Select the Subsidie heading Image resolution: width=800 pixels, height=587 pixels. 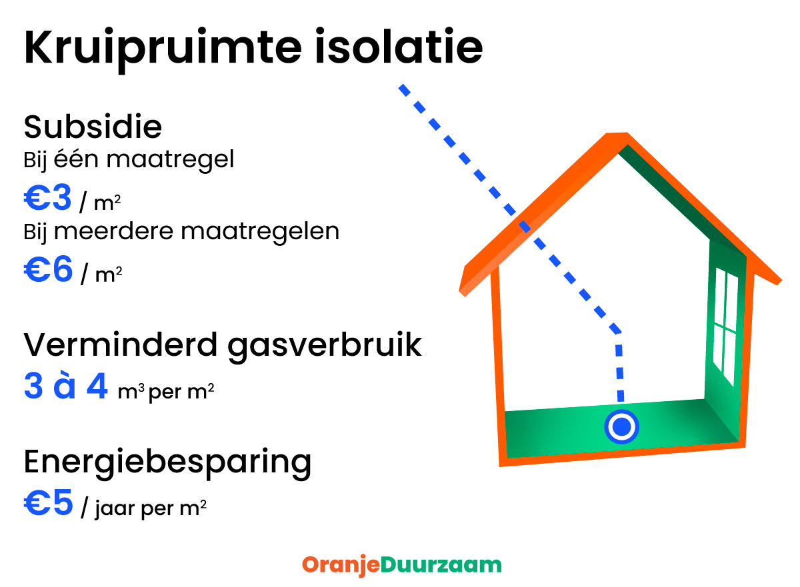point(93,127)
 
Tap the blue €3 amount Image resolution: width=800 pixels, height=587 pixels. point(47,198)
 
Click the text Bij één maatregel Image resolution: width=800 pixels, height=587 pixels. point(129,161)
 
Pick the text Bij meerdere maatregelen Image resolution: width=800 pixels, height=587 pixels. point(181,232)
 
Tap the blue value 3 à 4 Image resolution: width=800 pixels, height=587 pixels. point(65,387)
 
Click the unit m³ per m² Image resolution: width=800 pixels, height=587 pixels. point(165,392)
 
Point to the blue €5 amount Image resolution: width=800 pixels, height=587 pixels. point(47,503)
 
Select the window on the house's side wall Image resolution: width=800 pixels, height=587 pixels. point(725,327)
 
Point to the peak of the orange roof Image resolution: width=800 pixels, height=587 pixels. point(617,138)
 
